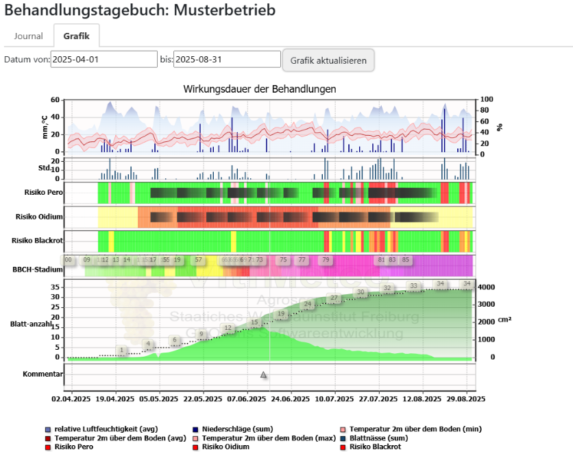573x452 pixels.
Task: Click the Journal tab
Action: click(29, 36)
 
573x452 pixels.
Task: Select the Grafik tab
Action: click(77, 36)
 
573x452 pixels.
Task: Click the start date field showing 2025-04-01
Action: click(104, 60)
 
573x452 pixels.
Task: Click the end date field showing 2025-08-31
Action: click(227, 60)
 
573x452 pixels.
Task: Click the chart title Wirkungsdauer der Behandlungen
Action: click(260, 89)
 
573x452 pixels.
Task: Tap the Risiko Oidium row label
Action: click(40, 217)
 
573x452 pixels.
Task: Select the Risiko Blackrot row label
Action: click(38, 241)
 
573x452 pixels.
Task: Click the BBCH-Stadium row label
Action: click(38, 269)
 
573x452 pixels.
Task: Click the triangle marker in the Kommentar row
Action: click(263, 374)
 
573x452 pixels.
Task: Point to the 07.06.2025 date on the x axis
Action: click(247, 399)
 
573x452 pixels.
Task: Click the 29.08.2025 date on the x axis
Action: click(466, 399)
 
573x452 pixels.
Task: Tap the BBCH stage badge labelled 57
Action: click(199, 261)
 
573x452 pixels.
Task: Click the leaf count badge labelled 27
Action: click(334, 298)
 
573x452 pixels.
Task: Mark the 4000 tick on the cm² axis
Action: click(487, 287)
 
